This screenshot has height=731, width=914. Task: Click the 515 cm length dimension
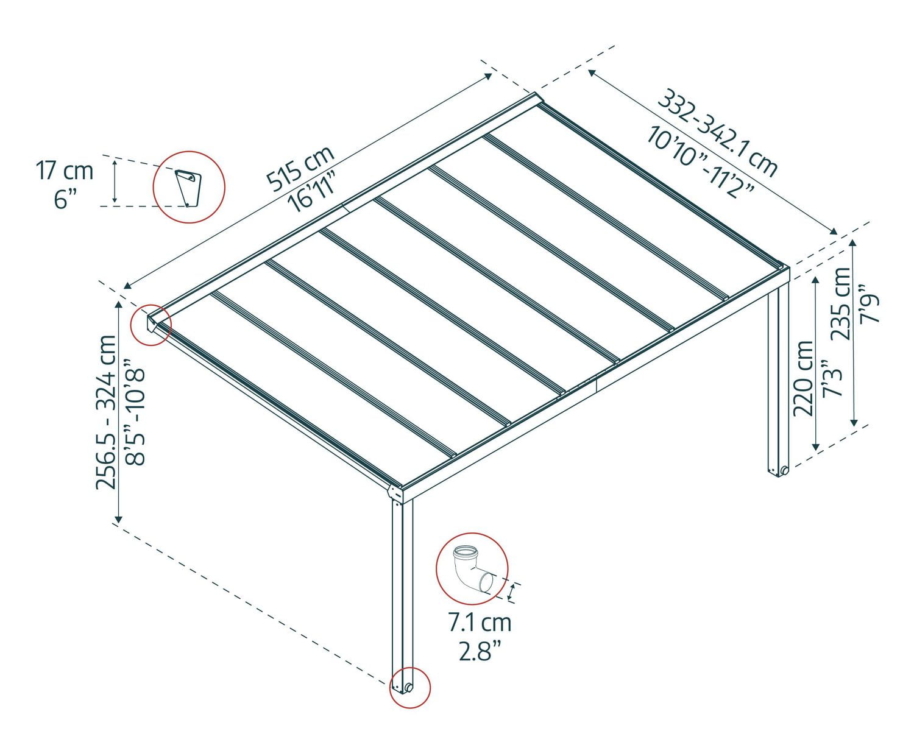click(300, 168)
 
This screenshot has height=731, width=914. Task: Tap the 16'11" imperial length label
click(312, 192)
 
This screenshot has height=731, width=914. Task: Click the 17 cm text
click(65, 171)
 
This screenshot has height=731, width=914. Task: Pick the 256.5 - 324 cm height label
click(106, 412)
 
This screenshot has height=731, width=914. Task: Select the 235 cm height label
click(840, 303)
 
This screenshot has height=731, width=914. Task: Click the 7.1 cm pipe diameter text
click(480, 623)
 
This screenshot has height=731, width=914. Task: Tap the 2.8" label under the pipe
click(480, 652)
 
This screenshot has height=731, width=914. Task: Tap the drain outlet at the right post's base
click(784, 470)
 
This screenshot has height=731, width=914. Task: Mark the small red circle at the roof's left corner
click(151, 325)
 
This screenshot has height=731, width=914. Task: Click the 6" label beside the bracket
click(66, 199)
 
